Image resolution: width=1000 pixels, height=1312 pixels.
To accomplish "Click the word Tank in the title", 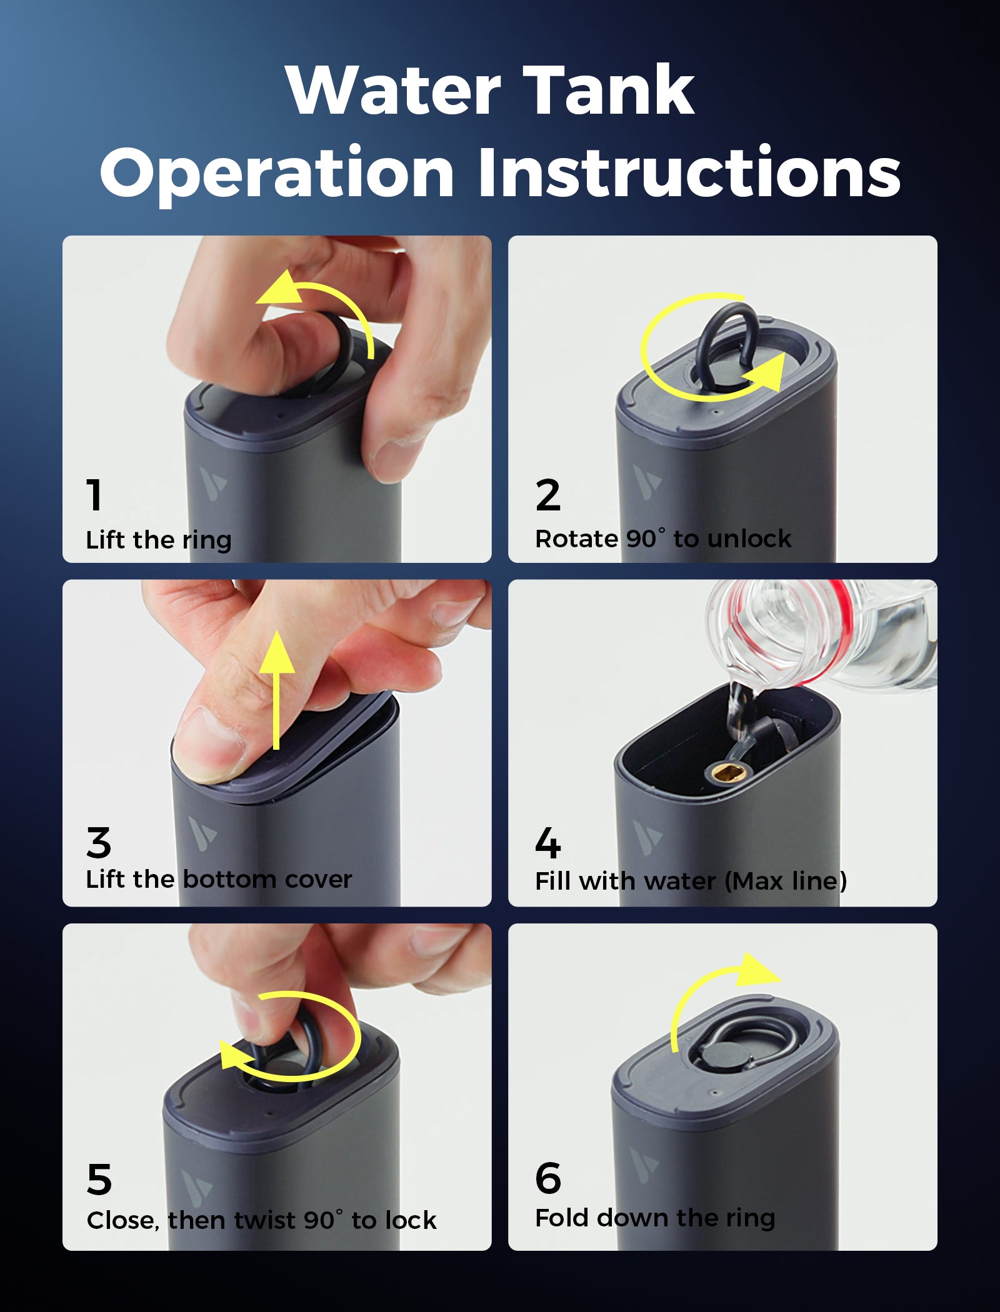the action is pos(609,90).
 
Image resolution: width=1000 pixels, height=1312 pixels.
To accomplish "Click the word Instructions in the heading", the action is pos(689,172).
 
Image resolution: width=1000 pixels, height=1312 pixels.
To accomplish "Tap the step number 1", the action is pos(94,495).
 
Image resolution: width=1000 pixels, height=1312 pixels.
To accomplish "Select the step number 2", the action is pos(548,495).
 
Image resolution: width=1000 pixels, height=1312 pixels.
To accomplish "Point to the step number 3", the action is pos(99,843).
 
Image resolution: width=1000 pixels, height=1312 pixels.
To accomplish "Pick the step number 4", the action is pos(548,843).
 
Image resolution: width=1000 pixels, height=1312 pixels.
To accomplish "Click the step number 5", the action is pos(99,1180).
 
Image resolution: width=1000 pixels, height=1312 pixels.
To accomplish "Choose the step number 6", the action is pos(548,1178).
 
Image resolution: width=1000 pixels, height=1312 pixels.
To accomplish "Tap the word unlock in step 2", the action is pos(749,539).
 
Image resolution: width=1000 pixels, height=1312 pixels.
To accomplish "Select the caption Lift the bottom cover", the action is pos(219,880).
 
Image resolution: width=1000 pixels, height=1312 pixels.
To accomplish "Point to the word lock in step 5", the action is pos(411,1220).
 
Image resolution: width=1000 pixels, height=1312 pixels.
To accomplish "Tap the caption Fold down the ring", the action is pos(655,1219).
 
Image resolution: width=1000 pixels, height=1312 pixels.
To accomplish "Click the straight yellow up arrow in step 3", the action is pos(277,690).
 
